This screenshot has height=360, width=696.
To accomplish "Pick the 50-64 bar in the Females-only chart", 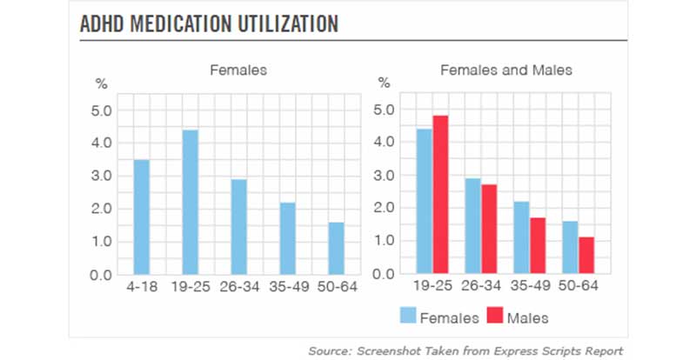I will (x=336, y=249).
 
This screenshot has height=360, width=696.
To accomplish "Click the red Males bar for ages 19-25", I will (x=441, y=195).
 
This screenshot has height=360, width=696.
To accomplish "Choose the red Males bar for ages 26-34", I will (x=491, y=230).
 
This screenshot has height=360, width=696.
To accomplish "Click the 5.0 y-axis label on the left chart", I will (x=103, y=110).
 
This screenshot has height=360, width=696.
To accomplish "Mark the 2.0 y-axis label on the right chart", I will (x=384, y=208).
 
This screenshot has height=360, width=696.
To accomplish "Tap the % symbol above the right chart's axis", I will (x=385, y=83).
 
